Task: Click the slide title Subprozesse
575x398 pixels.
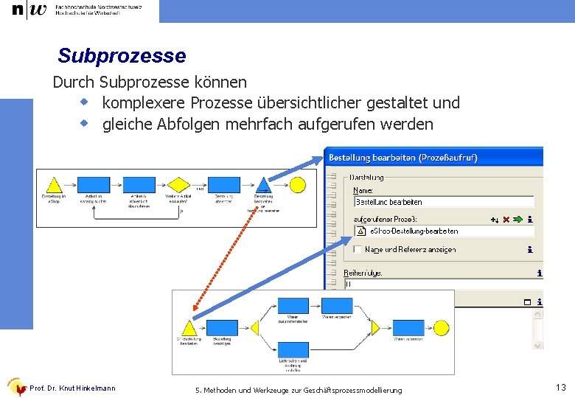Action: tap(122, 56)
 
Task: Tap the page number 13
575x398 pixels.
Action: tap(561, 388)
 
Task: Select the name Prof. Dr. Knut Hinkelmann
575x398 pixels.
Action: tap(72, 388)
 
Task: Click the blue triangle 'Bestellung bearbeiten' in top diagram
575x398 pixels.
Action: tap(264, 186)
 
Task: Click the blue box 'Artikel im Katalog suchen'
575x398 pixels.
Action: tap(94, 184)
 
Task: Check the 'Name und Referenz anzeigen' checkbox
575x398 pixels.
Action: tap(358, 249)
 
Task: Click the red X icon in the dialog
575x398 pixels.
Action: tap(506, 219)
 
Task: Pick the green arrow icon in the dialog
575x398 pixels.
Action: tap(517, 219)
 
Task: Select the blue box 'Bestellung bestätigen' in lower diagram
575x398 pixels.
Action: tap(222, 328)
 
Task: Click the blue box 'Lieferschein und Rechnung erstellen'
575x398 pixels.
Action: tap(293, 350)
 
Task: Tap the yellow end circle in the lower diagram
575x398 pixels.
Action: tap(441, 328)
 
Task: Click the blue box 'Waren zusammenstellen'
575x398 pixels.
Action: tap(293, 306)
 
